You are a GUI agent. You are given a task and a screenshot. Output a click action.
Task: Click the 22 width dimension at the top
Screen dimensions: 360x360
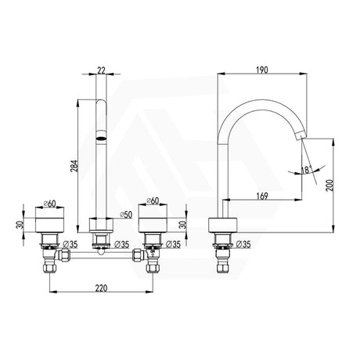click(102, 70)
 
